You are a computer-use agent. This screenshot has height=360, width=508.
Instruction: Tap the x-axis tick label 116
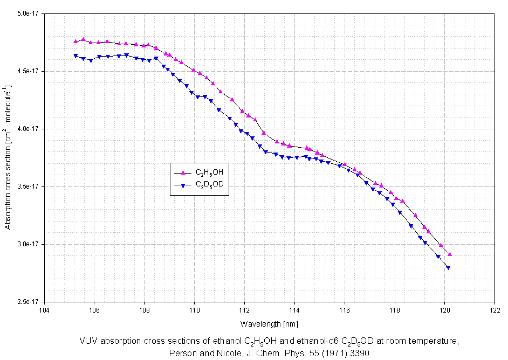pos(345,310)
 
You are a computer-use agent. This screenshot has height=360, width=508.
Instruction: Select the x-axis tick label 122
pos(495,310)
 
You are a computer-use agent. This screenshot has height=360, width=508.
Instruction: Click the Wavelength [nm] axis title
pos(269,324)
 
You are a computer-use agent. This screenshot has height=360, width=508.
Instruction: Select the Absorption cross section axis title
pos(8,156)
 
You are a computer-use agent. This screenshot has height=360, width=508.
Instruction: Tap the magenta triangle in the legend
pos(183,172)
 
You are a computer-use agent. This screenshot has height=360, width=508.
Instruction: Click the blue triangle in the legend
pos(183,185)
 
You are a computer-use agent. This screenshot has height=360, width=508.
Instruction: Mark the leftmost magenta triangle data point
pos(75,41)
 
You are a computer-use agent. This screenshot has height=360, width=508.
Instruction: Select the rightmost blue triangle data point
pos(448,268)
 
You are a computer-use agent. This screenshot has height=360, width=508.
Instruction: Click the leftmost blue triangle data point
pos(75,56)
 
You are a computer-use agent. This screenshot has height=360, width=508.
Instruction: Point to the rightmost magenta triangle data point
pos(450,254)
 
